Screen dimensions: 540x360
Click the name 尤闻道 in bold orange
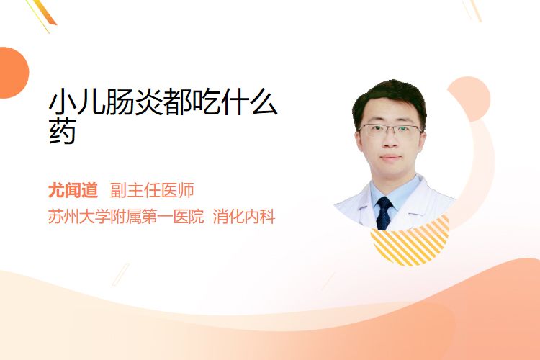(73, 190)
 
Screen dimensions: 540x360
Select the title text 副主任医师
(152, 190)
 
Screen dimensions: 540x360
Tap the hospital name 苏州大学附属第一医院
(126, 217)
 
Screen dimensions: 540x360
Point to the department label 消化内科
(244, 217)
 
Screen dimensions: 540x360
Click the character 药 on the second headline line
(63, 131)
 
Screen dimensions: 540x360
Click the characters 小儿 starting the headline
(77, 102)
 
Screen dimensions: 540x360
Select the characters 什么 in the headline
(249, 102)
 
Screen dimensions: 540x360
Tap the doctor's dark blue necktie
(384, 213)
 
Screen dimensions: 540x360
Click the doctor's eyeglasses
(390, 130)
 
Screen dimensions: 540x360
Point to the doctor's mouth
(391, 158)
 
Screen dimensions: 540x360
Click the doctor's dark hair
(389, 100)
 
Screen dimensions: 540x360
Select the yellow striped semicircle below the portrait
(410, 242)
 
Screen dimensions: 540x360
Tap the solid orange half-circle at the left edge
(13, 73)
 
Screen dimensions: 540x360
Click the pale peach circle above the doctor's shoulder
(470, 99)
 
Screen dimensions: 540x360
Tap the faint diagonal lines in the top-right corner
(472, 10)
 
